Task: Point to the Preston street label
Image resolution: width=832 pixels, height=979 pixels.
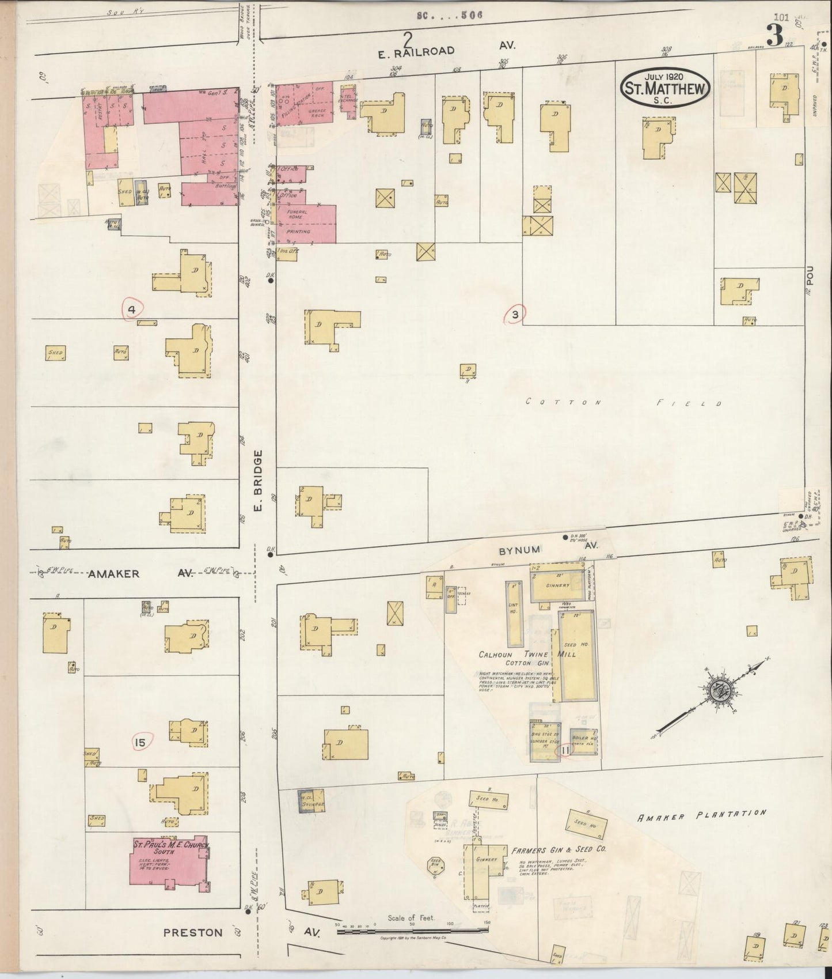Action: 193,932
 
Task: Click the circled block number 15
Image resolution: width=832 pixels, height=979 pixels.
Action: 140,742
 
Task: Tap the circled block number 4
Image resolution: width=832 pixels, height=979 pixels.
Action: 132,310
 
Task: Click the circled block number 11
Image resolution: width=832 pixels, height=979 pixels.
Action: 565,750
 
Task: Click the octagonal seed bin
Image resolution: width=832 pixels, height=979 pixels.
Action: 435,865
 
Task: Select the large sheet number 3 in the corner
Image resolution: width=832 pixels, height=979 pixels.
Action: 774,36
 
